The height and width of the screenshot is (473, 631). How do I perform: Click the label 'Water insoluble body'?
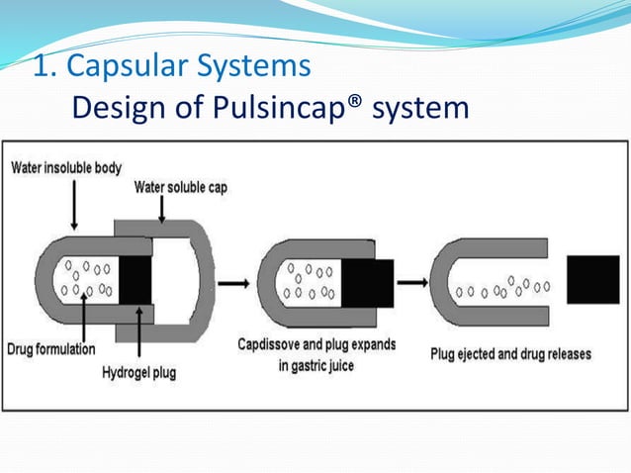coord(66,167)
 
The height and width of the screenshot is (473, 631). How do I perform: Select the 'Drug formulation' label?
coord(51,349)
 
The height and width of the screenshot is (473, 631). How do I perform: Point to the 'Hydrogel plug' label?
coord(141,372)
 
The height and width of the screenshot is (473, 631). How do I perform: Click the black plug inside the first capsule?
coord(135,279)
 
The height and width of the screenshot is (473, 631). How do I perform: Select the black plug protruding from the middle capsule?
coord(370,280)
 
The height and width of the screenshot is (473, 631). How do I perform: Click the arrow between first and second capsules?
coord(232,283)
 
